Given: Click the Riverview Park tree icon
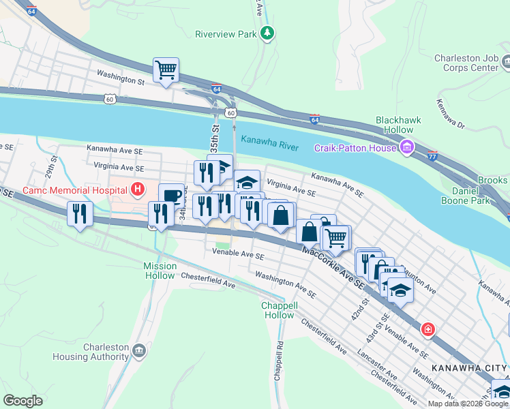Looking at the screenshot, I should point(269,33).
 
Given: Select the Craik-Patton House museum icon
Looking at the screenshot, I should point(407,147).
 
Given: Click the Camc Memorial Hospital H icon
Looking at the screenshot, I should point(138,189).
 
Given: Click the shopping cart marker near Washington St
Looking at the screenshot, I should point(166,70).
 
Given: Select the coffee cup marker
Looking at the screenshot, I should point(171,196).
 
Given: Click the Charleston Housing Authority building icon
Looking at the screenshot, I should point(139,351).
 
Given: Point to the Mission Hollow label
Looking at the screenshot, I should point(160,271).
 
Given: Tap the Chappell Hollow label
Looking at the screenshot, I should point(278,311).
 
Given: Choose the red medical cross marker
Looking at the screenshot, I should point(427,330).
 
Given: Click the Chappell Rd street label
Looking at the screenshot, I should point(278,366).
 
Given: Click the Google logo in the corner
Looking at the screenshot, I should point(22,401).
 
